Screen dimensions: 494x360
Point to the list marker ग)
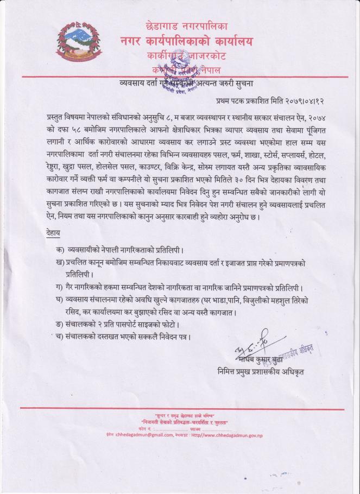59,287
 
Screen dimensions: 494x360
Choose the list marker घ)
59,300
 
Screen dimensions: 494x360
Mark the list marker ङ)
59,324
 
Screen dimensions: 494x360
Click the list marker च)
59,337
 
